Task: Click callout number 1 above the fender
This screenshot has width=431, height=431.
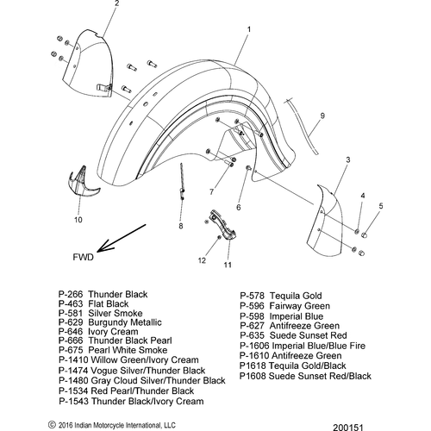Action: point(249,29)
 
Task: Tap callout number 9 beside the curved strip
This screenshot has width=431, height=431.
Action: point(322,116)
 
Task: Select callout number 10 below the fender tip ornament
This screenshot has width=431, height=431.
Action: point(78,220)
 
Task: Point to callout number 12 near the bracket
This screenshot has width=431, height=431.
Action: point(202,260)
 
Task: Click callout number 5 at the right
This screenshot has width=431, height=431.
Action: point(381,206)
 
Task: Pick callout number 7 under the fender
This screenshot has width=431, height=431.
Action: point(212,191)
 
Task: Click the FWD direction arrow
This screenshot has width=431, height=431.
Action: point(122,238)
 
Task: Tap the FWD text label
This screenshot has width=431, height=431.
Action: point(84,257)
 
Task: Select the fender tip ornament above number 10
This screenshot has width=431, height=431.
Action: point(81,182)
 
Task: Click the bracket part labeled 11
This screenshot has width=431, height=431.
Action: point(223,226)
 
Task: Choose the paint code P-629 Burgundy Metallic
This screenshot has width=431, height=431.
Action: point(110,322)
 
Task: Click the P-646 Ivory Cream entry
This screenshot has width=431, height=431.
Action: point(98,332)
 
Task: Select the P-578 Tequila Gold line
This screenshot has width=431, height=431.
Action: point(281,296)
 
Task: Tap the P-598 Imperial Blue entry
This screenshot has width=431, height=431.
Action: point(282,316)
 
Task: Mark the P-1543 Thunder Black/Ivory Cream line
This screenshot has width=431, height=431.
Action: point(131,401)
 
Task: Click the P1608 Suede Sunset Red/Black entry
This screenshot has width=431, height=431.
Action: point(305,376)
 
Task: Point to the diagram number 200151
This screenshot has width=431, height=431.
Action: point(348,428)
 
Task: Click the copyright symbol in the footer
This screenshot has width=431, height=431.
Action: point(52,425)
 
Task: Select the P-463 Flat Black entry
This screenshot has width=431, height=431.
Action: point(94,303)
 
